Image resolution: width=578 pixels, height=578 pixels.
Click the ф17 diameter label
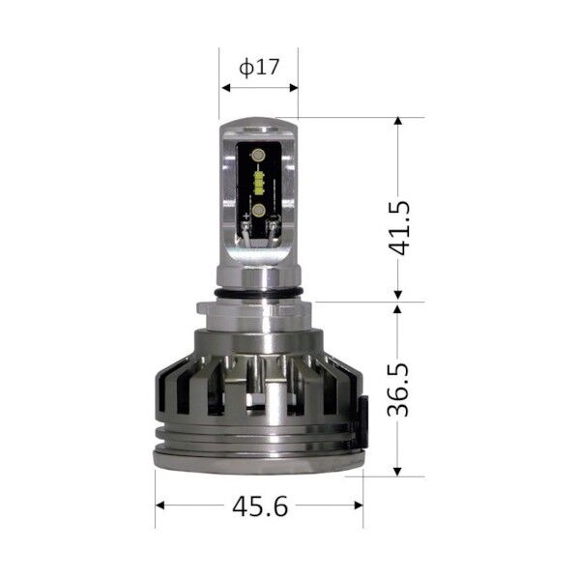click(x=259, y=67)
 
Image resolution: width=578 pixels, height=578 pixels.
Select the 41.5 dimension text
click(x=399, y=228)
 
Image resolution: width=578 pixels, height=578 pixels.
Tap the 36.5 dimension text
click(x=398, y=390)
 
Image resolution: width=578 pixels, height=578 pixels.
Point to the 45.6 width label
click(x=260, y=506)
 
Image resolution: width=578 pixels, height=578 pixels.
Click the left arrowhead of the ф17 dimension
click(x=225, y=88)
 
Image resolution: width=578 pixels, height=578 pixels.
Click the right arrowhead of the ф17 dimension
click(x=294, y=88)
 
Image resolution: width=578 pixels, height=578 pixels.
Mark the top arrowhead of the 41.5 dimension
click(x=397, y=121)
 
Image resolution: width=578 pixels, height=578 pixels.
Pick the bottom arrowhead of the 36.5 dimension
click(x=397, y=472)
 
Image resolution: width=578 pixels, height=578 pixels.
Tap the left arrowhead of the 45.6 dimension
click(x=160, y=505)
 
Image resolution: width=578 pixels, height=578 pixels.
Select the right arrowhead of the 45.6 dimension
click(x=359, y=505)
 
